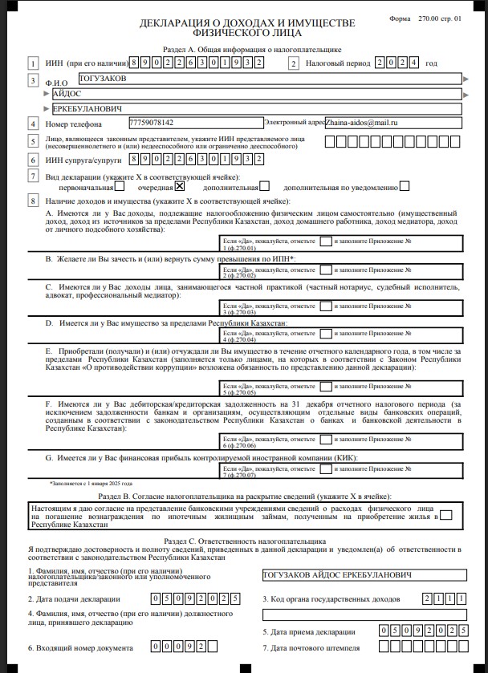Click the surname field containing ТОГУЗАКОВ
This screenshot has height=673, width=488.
(265, 79)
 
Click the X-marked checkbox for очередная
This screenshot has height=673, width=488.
(180, 185)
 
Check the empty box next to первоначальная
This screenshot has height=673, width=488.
(120, 185)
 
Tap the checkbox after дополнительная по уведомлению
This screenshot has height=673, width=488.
(405, 185)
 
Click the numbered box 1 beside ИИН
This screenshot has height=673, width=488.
(33, 63)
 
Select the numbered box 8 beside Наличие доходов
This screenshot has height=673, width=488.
(33, 201)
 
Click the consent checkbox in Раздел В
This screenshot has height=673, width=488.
(446, 515)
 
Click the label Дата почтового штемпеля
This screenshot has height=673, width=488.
(315, 647)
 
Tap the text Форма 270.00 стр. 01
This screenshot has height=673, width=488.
(435, 17)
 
